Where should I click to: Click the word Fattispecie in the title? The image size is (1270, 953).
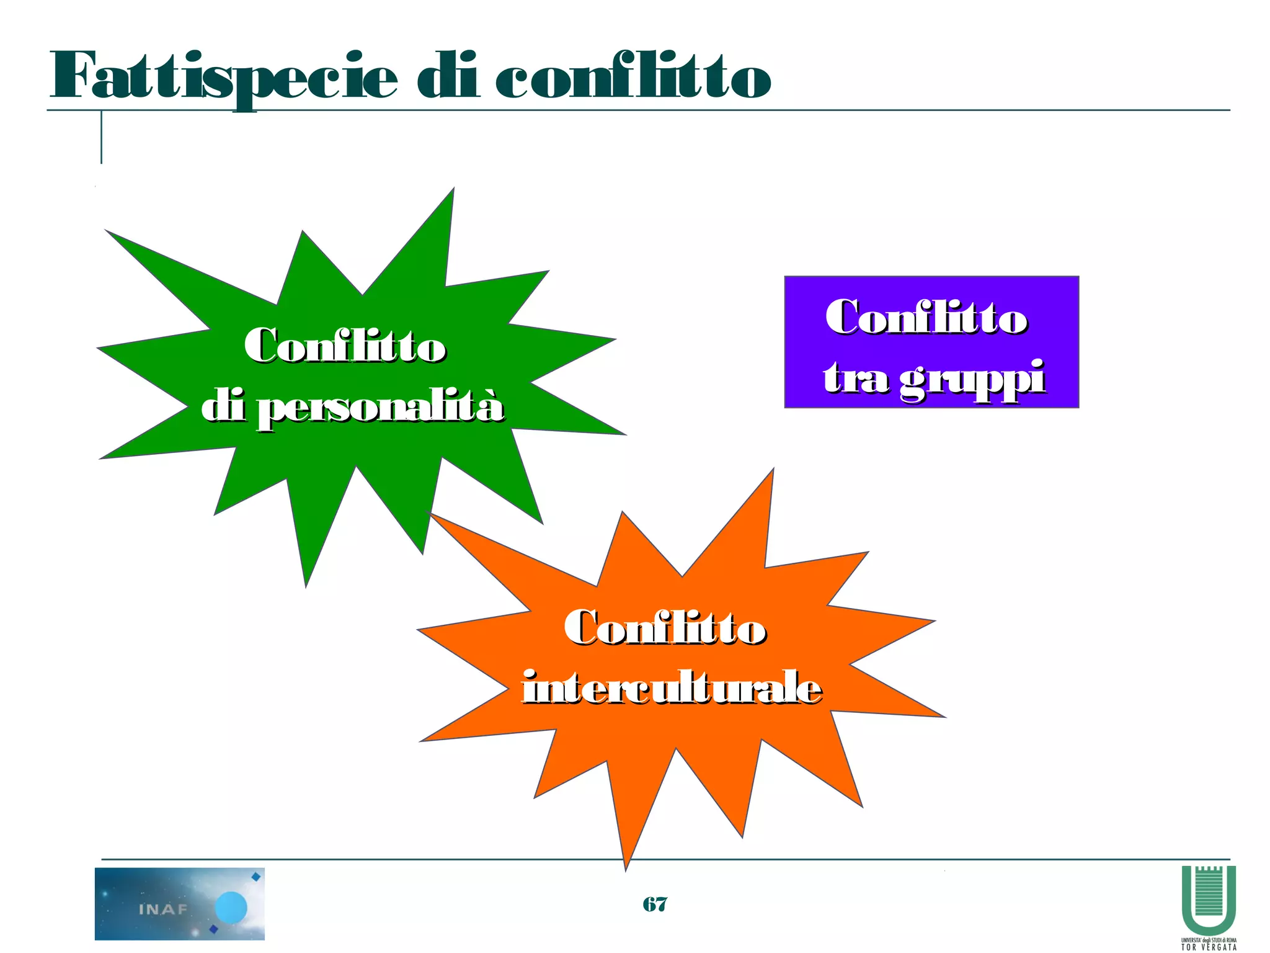[223, 78]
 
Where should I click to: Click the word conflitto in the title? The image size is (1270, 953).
[633, 78]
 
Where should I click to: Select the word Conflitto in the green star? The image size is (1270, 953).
[345, 346]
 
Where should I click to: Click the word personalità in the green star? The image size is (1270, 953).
[380, 408]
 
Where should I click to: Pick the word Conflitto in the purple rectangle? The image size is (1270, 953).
[926, 318]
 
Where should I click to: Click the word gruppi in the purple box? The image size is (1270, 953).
[972, 378]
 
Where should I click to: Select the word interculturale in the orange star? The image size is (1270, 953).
[672, 688]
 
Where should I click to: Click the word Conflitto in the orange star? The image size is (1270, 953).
[665, 627]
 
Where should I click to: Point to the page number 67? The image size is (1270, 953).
[655, 904]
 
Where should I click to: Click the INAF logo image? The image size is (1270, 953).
[179, 903]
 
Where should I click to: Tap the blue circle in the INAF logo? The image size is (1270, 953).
[231, 908]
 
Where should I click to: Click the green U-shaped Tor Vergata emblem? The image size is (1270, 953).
[1209, 900]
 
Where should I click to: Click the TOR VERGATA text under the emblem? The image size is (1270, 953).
[1209, 947]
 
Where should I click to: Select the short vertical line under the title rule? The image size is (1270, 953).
[101, 138]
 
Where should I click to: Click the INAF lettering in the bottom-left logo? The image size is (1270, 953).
[162, 910]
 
